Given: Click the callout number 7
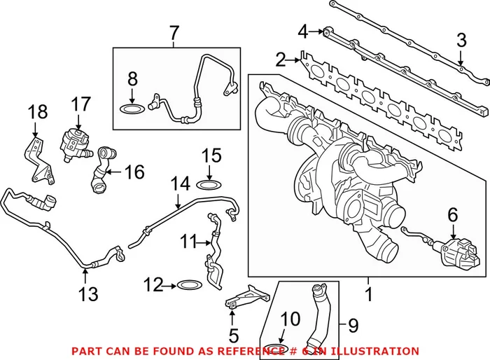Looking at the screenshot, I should click(174, 32).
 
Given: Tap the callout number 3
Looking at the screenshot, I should click(461, 40).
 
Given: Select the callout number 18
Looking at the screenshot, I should click(38, 112).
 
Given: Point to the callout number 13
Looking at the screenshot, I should click(89, 295).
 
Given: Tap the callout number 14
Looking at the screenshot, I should click(181, 184).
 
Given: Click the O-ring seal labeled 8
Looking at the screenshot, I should click(132, 109).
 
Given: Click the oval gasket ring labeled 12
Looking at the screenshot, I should click(188, 285).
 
